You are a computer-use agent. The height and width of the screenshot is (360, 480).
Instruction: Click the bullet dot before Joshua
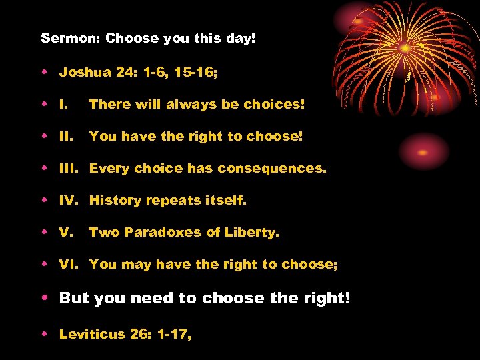tap(44, 72)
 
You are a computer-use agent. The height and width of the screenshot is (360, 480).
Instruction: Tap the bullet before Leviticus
tap(44, 334)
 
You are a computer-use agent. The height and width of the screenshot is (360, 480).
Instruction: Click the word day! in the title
tap(240, 38)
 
